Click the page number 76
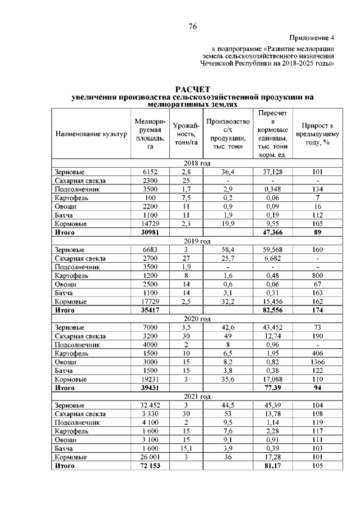192,26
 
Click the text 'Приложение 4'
312,38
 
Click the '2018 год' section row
197,163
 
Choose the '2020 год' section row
197,318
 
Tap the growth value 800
318,275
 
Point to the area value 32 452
146,405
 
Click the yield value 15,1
186,448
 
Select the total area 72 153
146,466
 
